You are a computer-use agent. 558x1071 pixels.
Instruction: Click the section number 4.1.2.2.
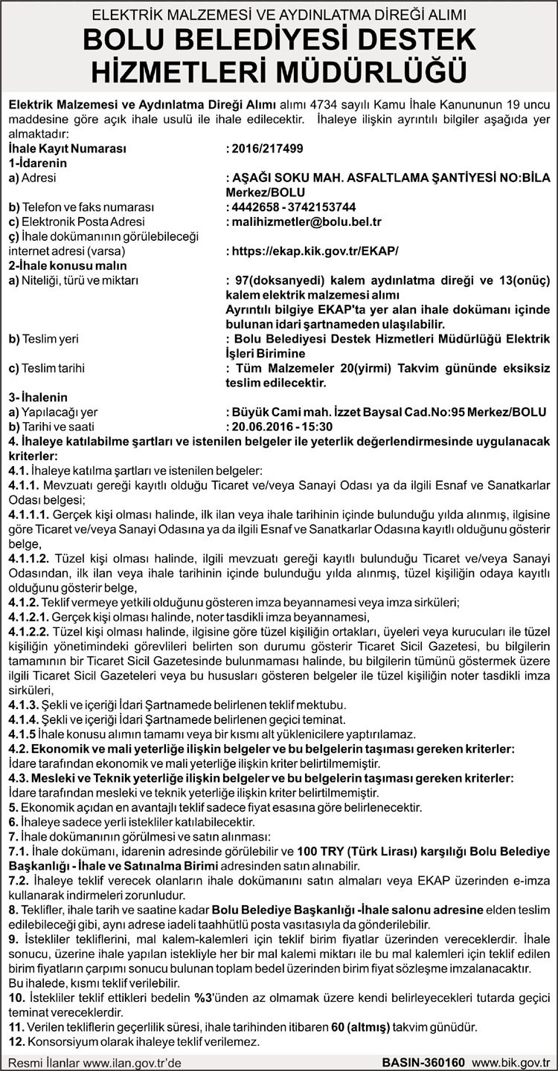click(x=26, y=630)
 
